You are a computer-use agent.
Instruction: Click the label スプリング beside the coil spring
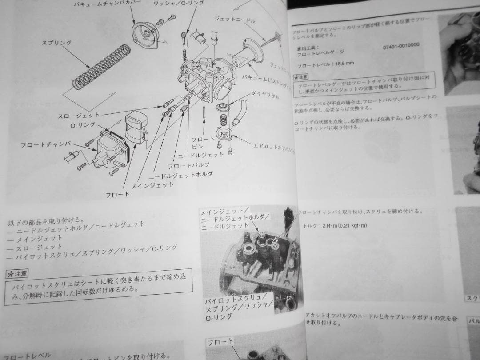tap(56, 43)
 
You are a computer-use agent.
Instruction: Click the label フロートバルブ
tap(188, 165)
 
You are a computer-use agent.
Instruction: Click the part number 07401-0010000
tap(400, 45)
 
